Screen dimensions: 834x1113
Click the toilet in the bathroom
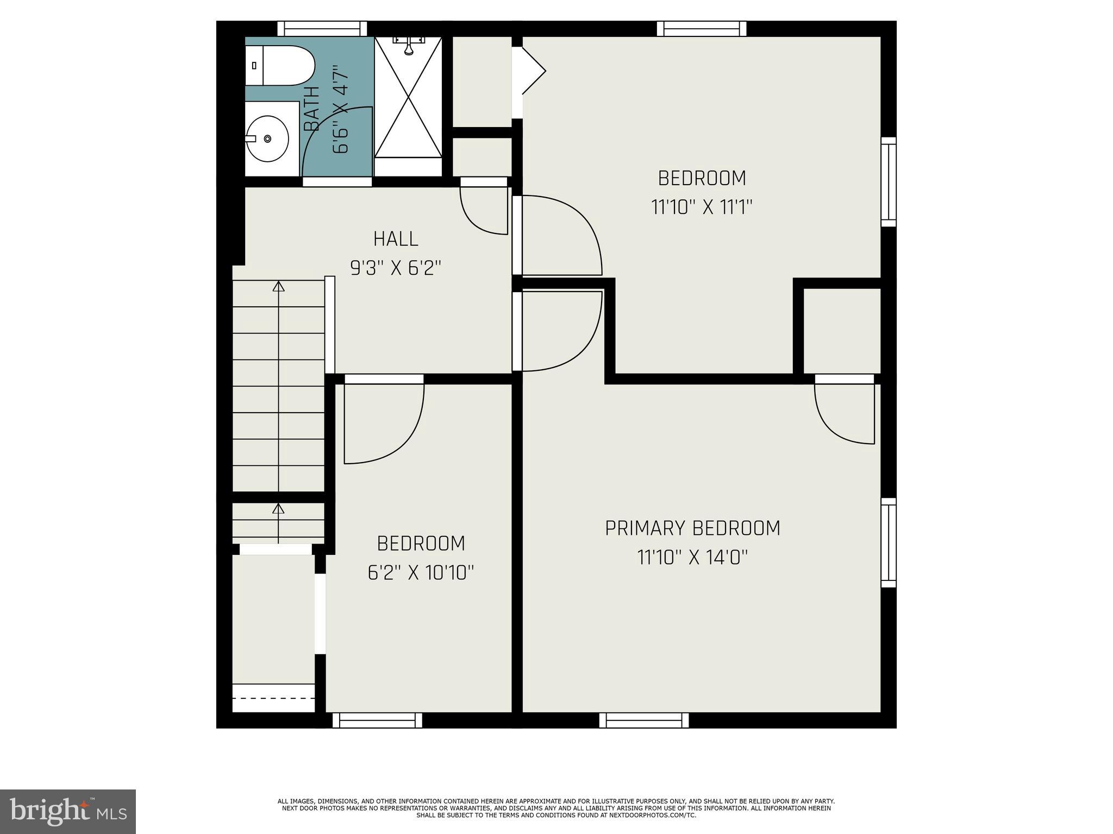click(280, 66)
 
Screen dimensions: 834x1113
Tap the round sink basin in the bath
click(267, 138)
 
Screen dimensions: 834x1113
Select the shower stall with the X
click(408, 98)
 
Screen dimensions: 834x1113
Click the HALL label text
click(396, 239)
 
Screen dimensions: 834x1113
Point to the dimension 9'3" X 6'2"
click(396, 268)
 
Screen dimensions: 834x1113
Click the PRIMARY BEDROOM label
click(692, 528)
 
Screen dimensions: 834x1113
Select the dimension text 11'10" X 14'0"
click(692, 557)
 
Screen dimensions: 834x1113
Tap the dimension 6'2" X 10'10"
click(421, 572)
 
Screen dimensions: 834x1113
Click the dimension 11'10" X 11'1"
click(702, 207)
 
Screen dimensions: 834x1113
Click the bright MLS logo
click(68, 811)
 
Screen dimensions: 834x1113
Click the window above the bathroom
click(322, 28)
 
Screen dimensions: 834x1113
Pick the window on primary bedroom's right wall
click(888, 542)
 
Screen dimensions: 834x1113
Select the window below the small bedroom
click(377, 720)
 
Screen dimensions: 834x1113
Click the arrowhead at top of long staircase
click(279, 286)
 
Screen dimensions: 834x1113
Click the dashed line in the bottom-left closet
click(273, 698)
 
